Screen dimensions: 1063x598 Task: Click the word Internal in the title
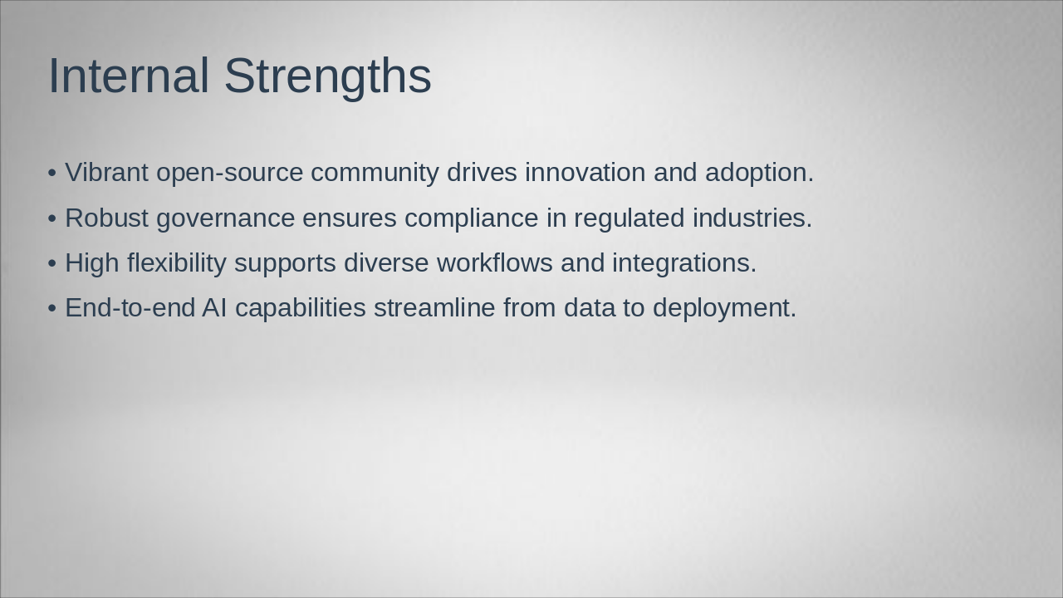(129, 76)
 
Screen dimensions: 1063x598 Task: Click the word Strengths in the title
(328, 78)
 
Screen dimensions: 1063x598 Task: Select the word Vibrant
(107, 172)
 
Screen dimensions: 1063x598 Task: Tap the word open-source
(230, 174)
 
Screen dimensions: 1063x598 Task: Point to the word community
(375, 174)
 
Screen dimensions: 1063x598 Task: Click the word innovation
(585, 172)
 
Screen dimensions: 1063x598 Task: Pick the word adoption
(759, 174)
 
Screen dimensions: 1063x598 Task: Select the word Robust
(107, 218)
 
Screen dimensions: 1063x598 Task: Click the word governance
(225, 220)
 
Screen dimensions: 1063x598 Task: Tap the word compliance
(472, 220)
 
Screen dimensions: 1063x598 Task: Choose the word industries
(752, 218)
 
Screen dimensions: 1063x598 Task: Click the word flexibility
(177, 264)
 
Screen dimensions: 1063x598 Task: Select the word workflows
(494, 262)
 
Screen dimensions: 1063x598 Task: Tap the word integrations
(684, 264)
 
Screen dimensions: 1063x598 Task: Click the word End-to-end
(130, 307)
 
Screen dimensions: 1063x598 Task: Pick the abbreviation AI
(214, 307)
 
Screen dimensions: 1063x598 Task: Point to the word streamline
(434, 307)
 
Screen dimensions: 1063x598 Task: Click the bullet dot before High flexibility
(52, 263)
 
